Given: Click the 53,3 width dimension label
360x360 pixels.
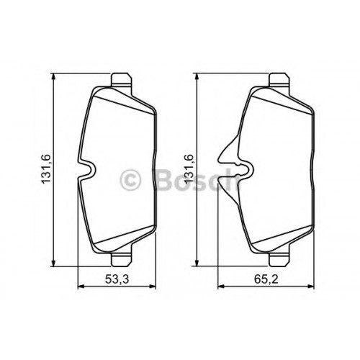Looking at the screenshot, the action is tap(117, 279).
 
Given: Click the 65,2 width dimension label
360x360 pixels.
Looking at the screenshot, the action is tap(266, 279).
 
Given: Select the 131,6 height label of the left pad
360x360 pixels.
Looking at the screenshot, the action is tap(45, 169).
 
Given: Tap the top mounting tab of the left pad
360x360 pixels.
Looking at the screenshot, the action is tap(122, 79).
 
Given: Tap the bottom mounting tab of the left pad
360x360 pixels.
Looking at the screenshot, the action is tap(122, 260).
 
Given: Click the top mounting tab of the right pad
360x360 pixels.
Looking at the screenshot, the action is tap(279, 79).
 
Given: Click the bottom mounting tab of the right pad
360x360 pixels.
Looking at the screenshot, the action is tap(279, 260).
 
